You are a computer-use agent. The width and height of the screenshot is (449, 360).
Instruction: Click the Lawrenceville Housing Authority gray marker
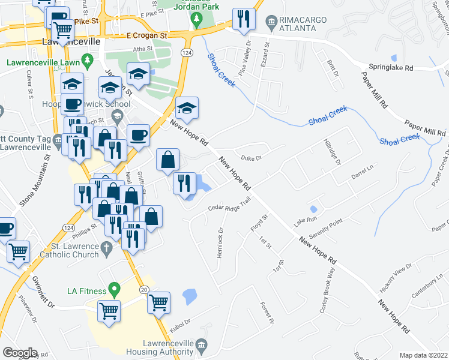click(200, 344)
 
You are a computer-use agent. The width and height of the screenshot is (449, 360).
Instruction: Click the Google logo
click(20, 353)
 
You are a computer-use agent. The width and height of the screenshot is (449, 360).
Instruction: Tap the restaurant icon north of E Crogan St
click(243, 18)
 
